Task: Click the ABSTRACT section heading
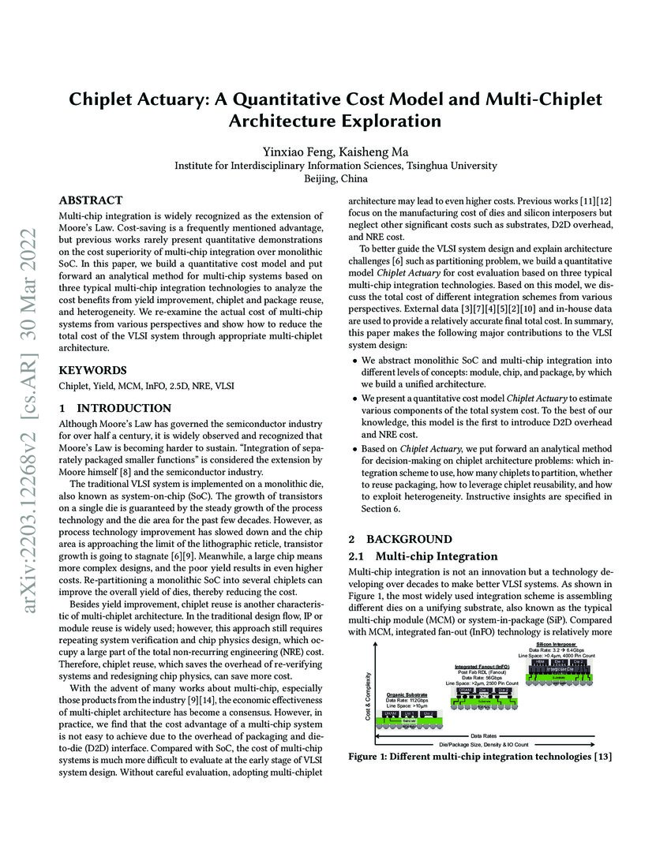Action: (91, 200)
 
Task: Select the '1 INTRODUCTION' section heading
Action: (115, 408)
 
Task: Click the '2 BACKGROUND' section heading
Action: (400, 539)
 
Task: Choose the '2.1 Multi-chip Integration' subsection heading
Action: (423, 556)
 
